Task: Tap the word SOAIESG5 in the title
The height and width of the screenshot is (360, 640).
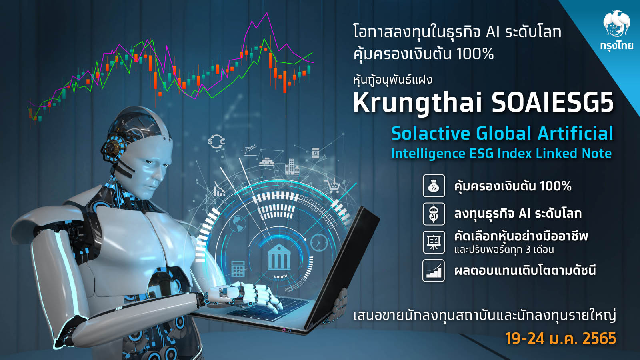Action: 552,103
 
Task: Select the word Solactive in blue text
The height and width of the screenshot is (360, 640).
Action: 430,133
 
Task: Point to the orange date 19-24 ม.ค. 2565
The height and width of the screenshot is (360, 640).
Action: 560,338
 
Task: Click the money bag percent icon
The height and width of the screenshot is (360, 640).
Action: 434,186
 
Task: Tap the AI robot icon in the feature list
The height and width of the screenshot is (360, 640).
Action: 434,214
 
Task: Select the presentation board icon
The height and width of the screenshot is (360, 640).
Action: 434,242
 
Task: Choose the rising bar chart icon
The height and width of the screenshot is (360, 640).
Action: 434,270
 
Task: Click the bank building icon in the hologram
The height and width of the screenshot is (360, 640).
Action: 279,257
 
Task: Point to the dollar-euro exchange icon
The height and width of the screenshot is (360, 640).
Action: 216,142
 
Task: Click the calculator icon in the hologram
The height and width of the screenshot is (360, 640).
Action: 238,268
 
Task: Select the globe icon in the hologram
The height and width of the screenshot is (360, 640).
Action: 238,223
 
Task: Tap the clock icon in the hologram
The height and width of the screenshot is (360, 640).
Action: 319,242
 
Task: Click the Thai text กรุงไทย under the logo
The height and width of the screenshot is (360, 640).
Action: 616,46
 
